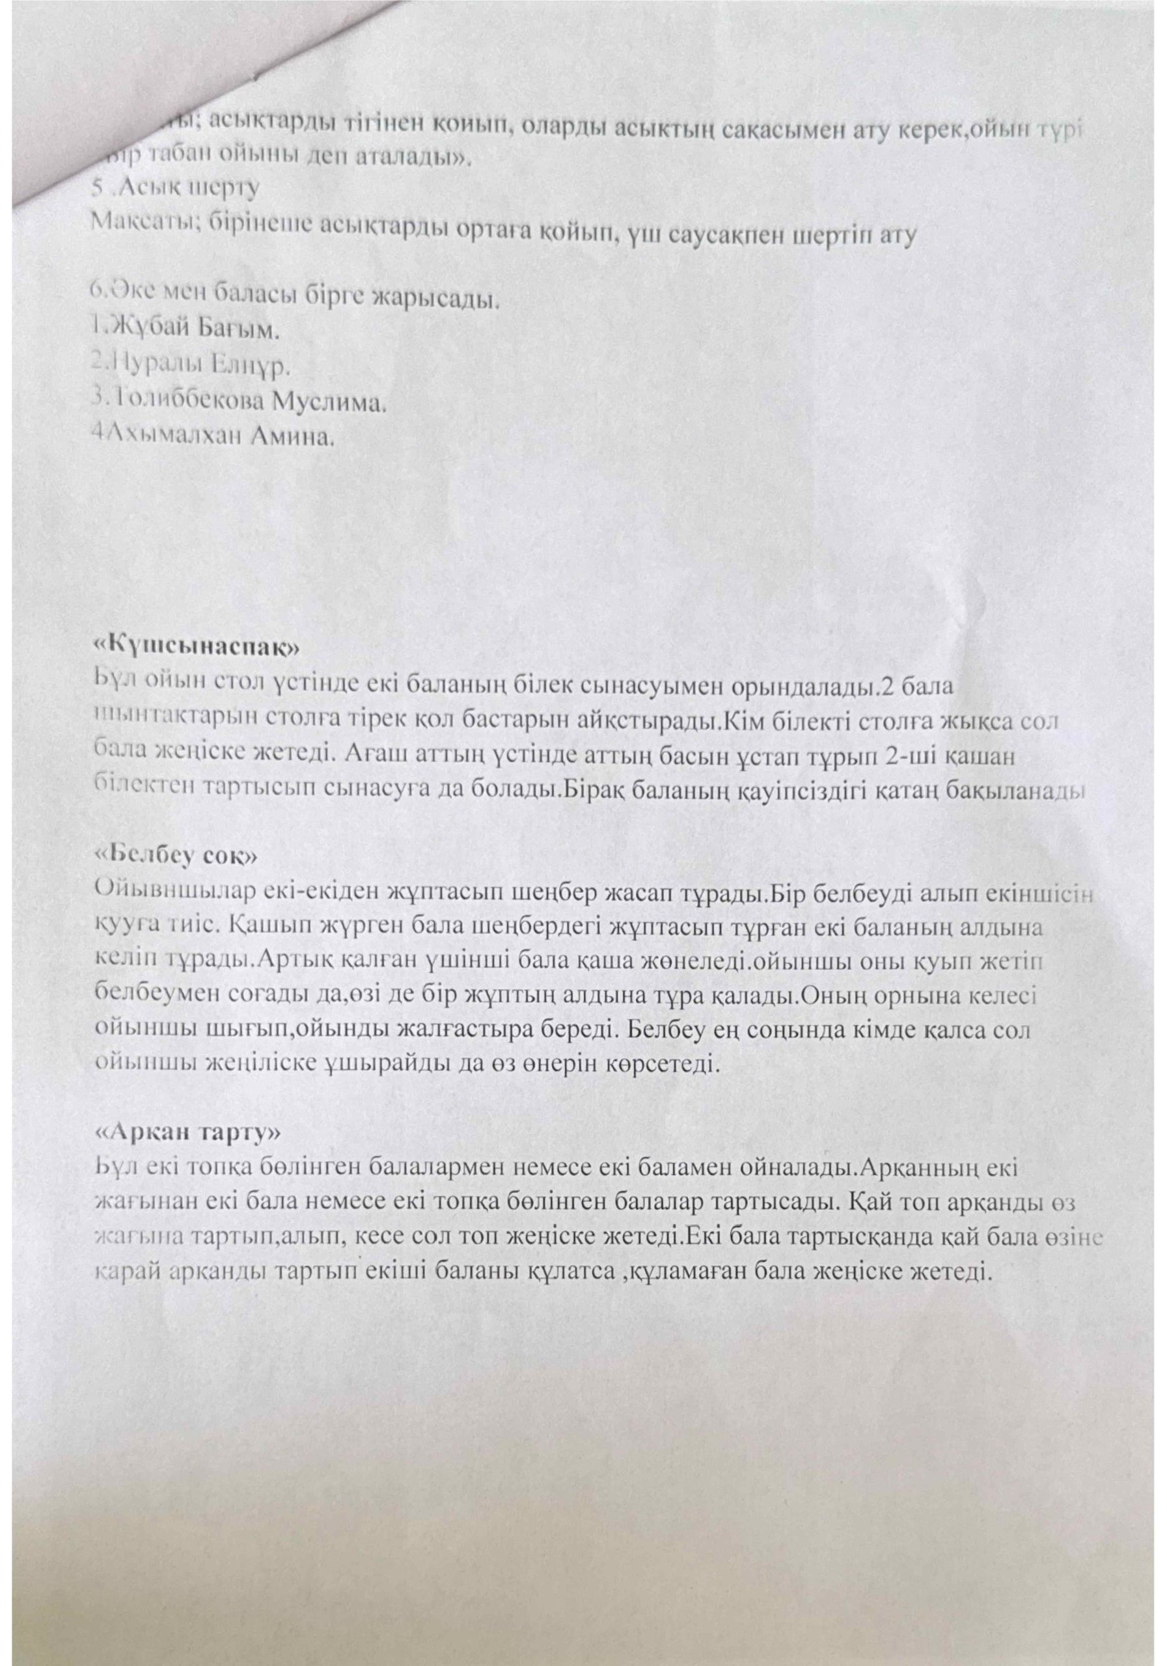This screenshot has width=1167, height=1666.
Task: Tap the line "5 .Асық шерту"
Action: (172, 188)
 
